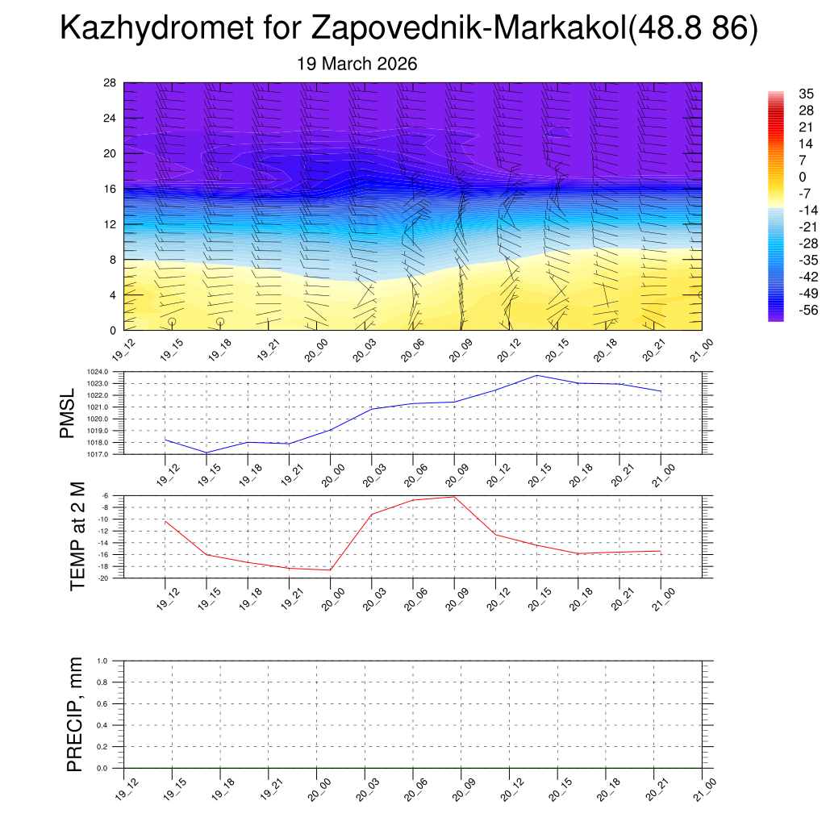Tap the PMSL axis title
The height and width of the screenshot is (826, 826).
pos(68,412)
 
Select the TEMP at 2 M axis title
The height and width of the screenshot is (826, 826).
pos(77,536)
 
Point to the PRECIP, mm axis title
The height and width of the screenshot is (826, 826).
pos(75,715)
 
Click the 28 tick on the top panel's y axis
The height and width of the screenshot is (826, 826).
pos(110,83)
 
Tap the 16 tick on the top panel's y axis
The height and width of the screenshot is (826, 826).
pos(110,189)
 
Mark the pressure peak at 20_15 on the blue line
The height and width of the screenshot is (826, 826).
pos(536,375)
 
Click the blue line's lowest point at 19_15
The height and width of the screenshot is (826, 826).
pos(206,453)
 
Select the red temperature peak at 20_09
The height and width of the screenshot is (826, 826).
pos(454,496)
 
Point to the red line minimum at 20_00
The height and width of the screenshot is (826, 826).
pos(330,570)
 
